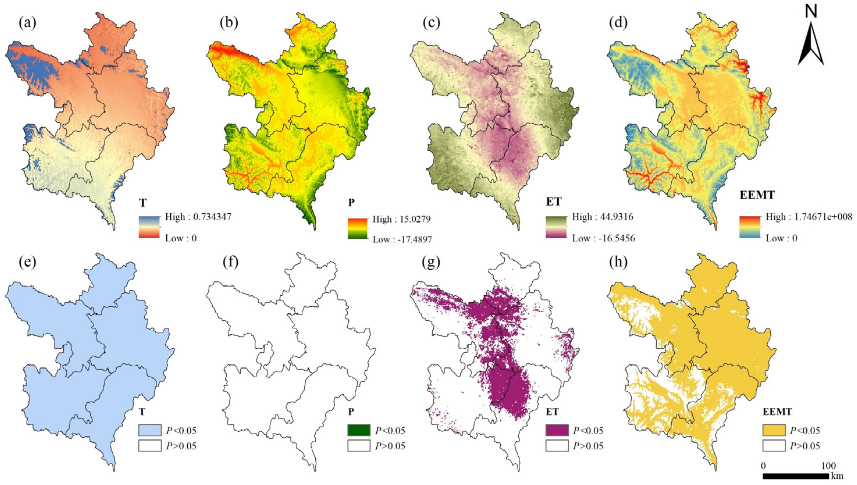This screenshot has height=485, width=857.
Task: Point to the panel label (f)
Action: [231, 262]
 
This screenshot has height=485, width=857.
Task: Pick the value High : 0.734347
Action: [198, 217]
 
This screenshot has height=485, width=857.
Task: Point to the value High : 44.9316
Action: [603, 217]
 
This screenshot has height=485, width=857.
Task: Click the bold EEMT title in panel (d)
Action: [758, 195]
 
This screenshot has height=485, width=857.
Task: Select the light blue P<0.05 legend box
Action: [150, 430]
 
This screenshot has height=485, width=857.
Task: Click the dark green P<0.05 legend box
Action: [359, 430]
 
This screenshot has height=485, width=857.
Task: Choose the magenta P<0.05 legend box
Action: [557, 430]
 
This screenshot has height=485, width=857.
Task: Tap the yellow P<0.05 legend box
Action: [774, 430]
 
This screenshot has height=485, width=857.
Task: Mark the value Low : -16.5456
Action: [603, 238]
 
